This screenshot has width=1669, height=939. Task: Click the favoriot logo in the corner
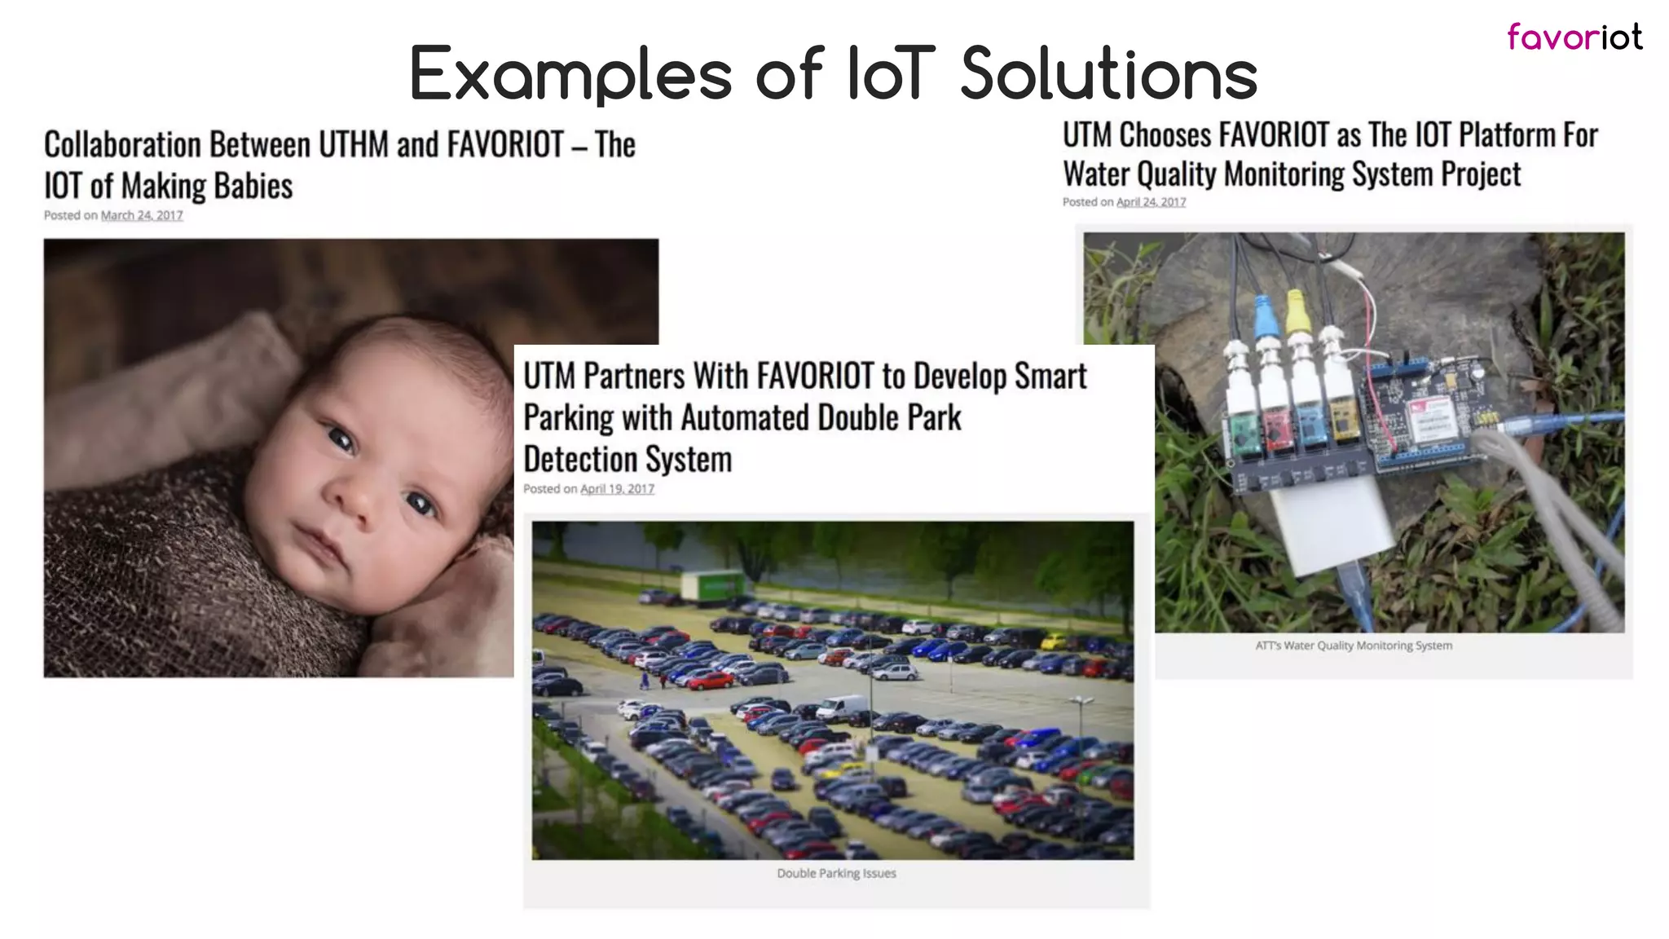[1574, 37]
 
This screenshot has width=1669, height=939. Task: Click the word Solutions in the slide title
[1109, 74]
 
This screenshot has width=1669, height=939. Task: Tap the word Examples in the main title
[570, 74]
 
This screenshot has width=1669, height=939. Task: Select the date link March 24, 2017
[142, 215]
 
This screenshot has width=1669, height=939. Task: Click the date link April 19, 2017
[617, 489]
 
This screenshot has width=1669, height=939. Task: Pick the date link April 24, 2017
[1151, 202]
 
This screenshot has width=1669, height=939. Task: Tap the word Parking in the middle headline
[568, 418]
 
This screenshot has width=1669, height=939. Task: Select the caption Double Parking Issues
[836, 873]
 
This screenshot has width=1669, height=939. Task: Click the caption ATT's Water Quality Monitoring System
[1354, 646]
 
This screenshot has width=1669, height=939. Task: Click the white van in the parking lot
[843, 708]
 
